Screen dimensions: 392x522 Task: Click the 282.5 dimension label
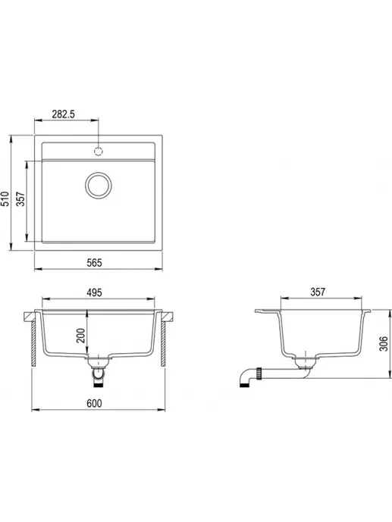coord(63,114)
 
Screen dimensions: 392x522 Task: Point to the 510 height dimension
coord(5,198)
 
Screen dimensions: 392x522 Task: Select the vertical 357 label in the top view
coord(21,198)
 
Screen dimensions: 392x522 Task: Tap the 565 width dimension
coord(94,263)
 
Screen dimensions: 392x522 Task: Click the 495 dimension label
coord(94,292)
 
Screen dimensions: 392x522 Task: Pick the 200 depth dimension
coord(80,336)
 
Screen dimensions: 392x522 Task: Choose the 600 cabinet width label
coord(94,403)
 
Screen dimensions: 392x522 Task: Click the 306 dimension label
coord(384,343)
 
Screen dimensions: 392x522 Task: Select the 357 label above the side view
coord(318,292)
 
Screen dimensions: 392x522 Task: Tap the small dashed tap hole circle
coord(99,151)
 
